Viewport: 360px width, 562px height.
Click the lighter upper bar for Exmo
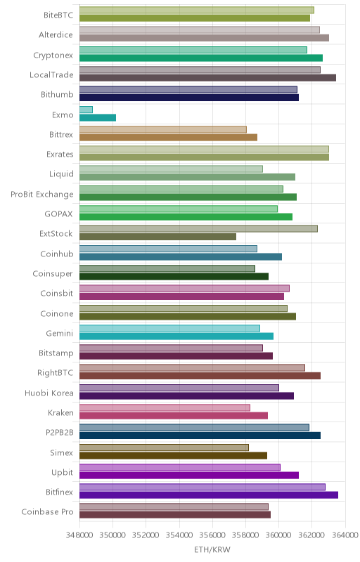pos(86,110)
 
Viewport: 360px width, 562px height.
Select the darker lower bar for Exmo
pos(98,117)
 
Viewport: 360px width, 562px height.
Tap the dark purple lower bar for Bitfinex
pos(209,495)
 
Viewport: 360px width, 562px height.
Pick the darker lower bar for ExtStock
pos(157,237)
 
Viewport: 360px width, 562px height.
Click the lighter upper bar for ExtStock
pos(199,229)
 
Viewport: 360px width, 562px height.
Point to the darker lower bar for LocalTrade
pos(207,78)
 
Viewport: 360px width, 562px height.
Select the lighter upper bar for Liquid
pos(171,169)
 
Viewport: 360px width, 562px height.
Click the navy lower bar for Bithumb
pos(189,98)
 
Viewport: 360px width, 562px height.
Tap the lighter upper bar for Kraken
pos(165,407)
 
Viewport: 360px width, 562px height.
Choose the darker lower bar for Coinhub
pos(181,256)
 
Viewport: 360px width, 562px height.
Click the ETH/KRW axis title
pos(212,549)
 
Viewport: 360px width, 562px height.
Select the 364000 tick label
pos(345,535)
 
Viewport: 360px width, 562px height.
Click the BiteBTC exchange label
pos(58,15)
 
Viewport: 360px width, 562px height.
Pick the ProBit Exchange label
pos(42,195)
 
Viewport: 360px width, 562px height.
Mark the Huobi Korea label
pos(49,393)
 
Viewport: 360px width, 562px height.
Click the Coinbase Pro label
pos(47,512)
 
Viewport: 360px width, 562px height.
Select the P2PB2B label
pos(60,433)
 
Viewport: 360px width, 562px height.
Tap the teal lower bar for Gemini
pos(176,336)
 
